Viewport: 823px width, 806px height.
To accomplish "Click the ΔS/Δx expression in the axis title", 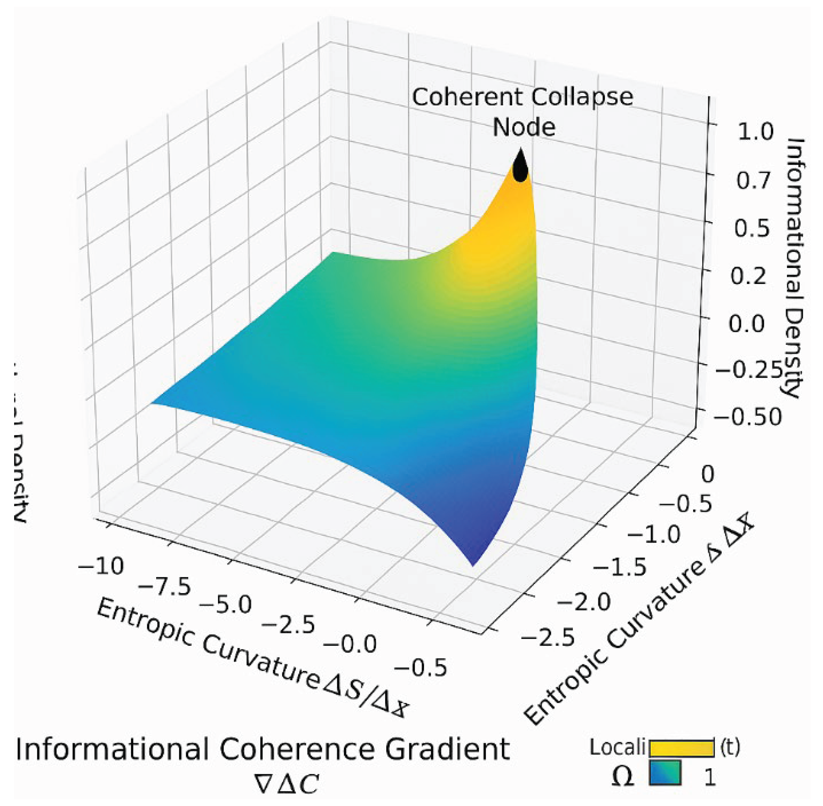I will click(x=365, y=696).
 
